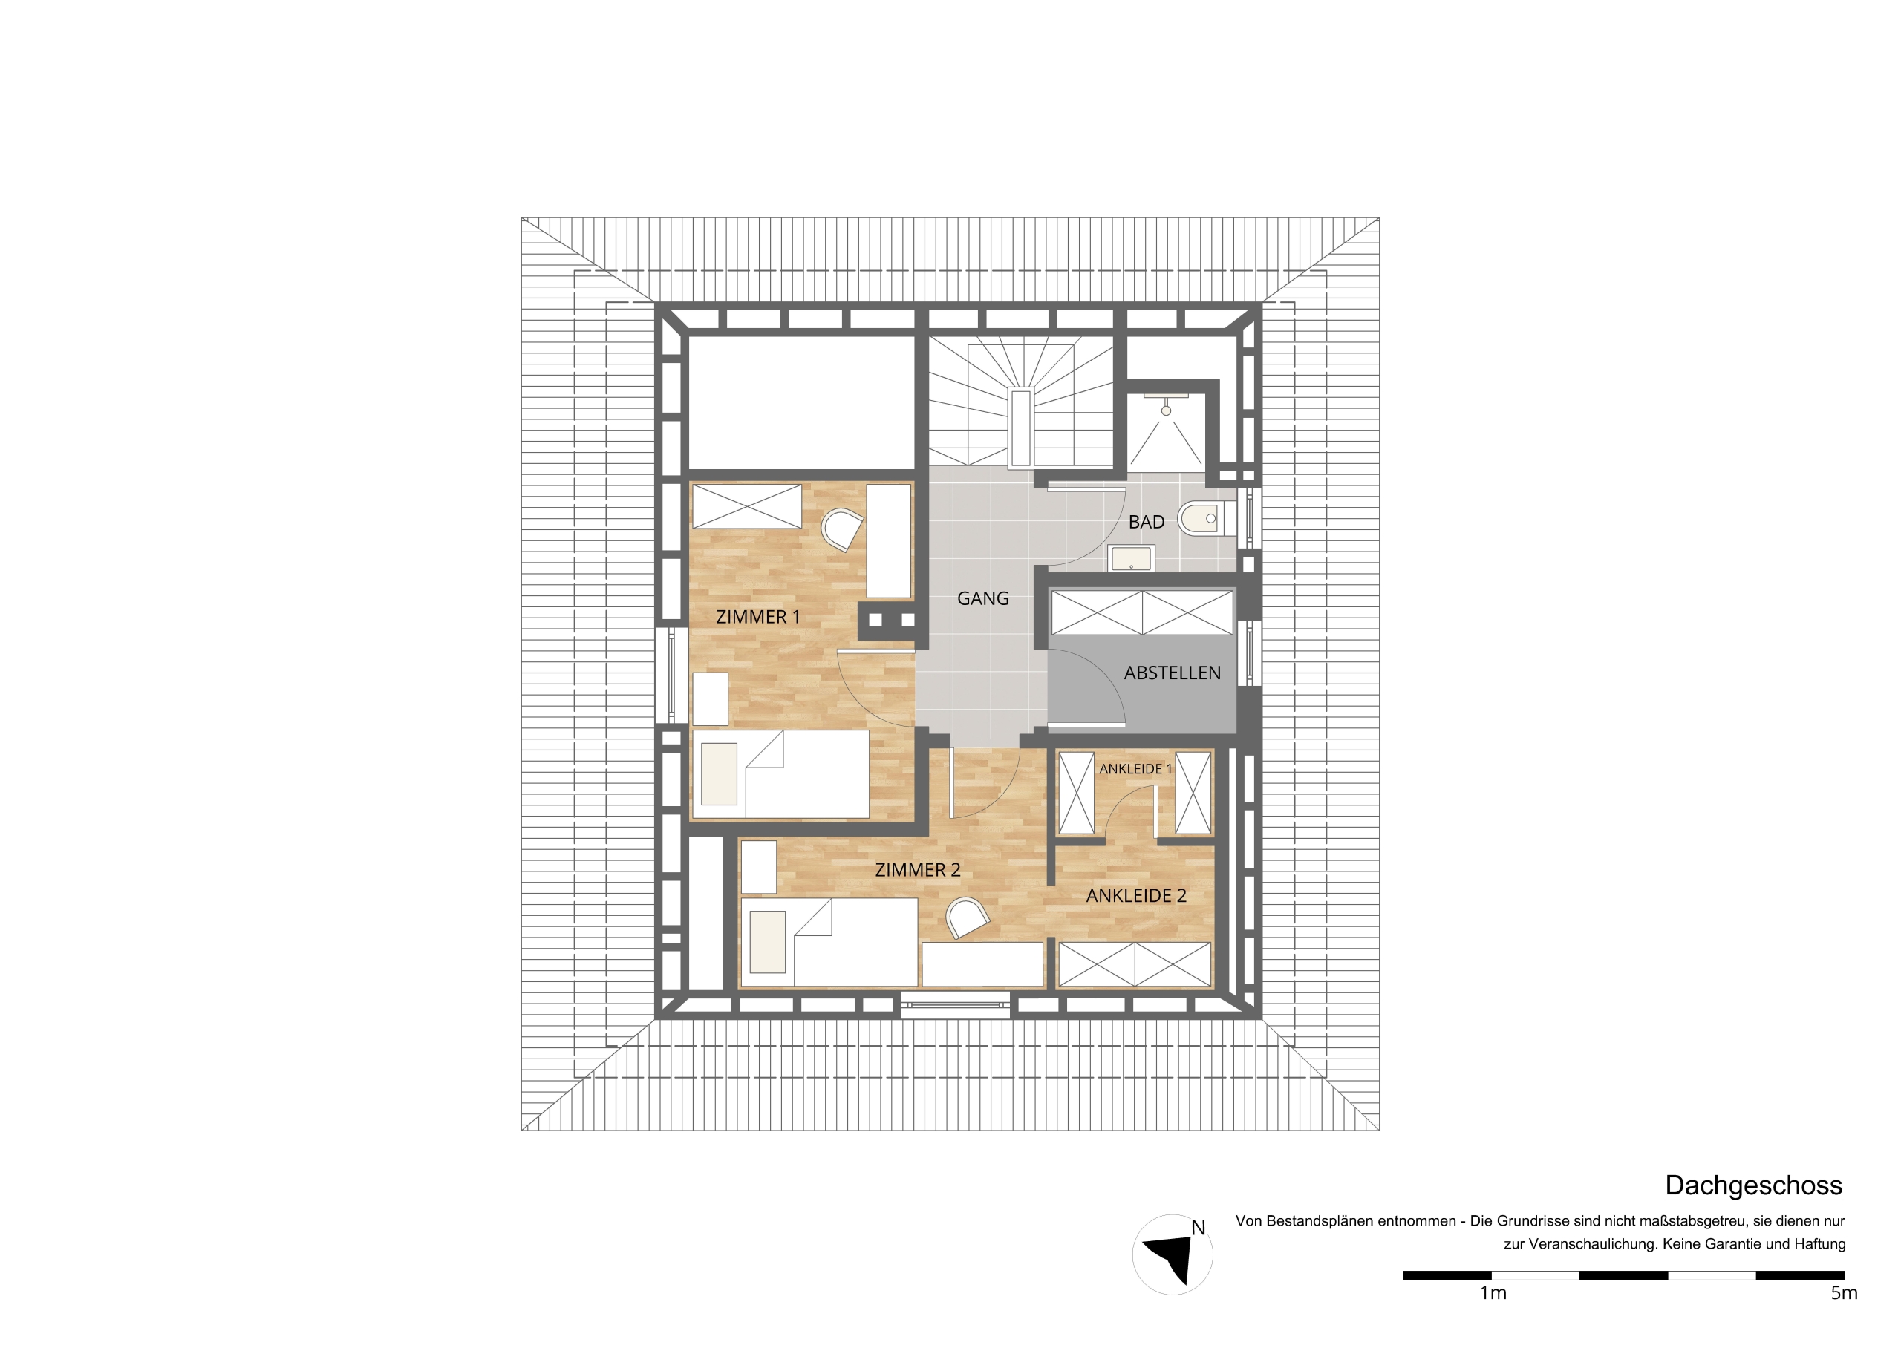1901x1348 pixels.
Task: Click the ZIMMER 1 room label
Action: (x=758, y=617)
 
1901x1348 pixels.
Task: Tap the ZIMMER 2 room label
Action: (x=917, y=870)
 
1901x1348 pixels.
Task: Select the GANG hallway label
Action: (x=983, y=598)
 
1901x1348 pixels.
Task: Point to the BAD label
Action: (x=1147, y=522)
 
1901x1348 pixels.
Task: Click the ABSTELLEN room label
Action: (x=1172, y=673)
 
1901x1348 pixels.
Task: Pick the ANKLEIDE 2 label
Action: (x=1136, y=896)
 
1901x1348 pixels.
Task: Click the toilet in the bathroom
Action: (x=1200, y=519)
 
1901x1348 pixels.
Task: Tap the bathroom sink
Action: (x=1131, y=559)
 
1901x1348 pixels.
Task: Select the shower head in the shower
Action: (x=1167, y=410)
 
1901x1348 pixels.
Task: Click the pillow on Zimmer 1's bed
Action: (x=719, y=773)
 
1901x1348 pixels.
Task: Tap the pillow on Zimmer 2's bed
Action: (x=768, y=942)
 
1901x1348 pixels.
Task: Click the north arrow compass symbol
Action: (x=1171, y=1254)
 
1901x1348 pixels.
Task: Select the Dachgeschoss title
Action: (x=1753, y=1185)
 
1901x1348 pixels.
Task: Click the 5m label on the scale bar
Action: (x=1844, y=1292)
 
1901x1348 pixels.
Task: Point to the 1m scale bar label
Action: (x=1493, y=1292)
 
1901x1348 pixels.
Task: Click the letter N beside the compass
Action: (x=1198, y=1228)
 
